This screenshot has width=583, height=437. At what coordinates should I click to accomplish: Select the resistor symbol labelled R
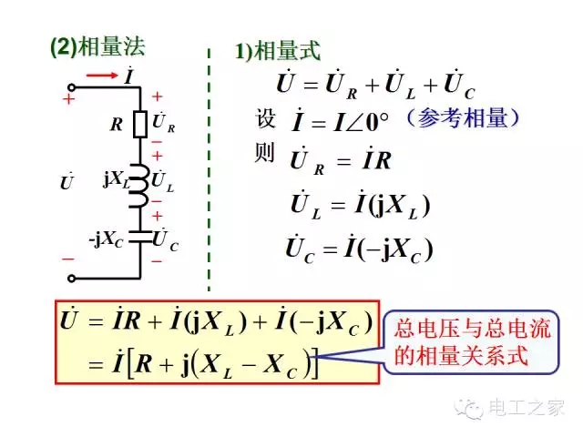[140, 123]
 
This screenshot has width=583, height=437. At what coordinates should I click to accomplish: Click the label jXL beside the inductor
[116, 179]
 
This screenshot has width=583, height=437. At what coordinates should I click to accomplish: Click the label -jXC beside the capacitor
[107, 239]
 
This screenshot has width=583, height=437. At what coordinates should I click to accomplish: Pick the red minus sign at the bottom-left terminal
[68, 259]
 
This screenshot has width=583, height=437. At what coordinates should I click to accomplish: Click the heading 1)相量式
[279, 51]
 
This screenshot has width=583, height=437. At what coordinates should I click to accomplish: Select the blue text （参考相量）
[464, 118]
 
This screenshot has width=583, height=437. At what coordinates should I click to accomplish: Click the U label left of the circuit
[66, 182]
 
